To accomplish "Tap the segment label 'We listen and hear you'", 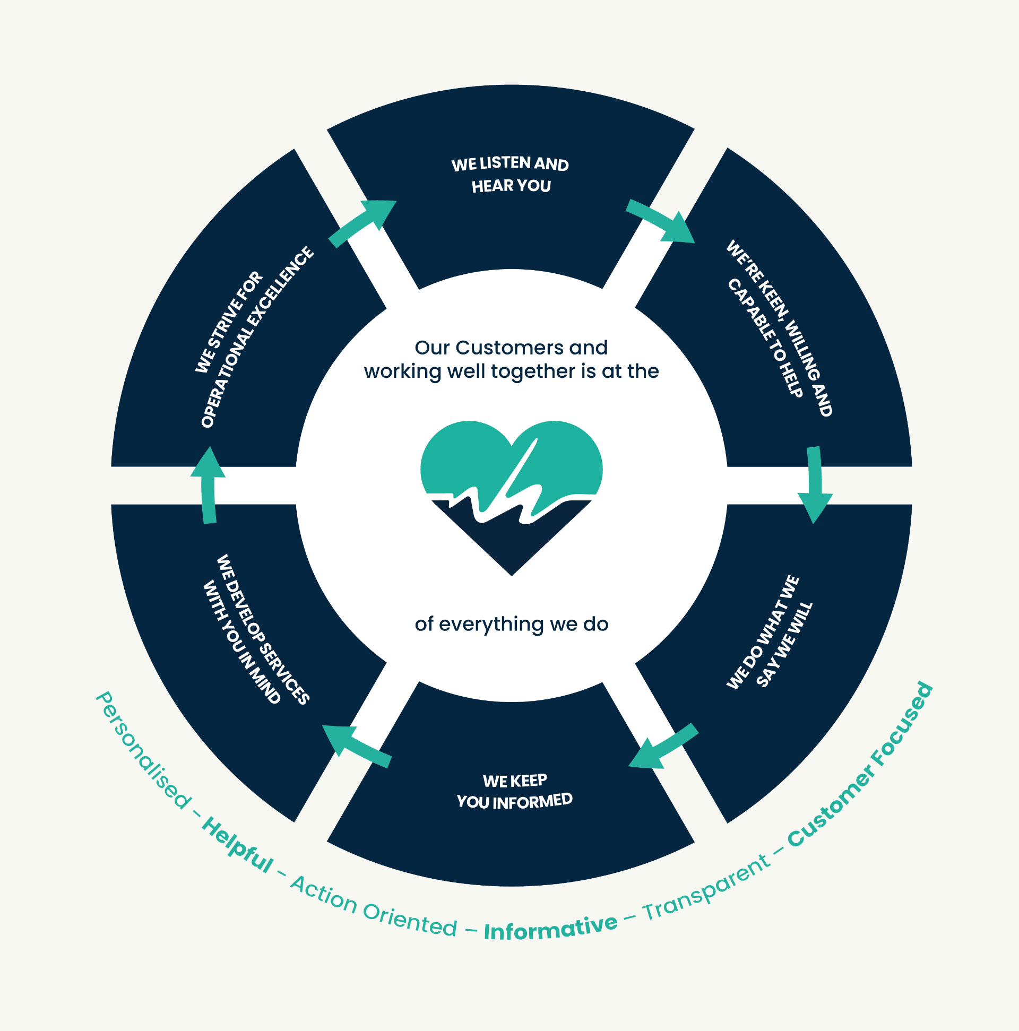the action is pos(511,175).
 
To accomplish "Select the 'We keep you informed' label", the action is pos(514,791).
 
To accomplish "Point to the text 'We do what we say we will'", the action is pos(769,633).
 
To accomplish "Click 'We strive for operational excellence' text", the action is pos(254,337).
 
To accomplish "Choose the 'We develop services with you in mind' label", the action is pos(256,630).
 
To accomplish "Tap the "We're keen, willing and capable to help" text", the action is pos(779,328).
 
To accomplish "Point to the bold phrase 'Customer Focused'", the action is pos(860,765).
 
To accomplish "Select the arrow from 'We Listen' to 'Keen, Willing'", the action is pos(661,220).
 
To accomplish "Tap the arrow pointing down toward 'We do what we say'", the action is pos(815,484).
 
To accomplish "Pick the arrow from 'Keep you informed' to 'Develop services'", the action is pos(357,746).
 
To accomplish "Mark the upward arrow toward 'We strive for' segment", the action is pos(208,484).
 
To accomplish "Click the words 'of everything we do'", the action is pos(512,624).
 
